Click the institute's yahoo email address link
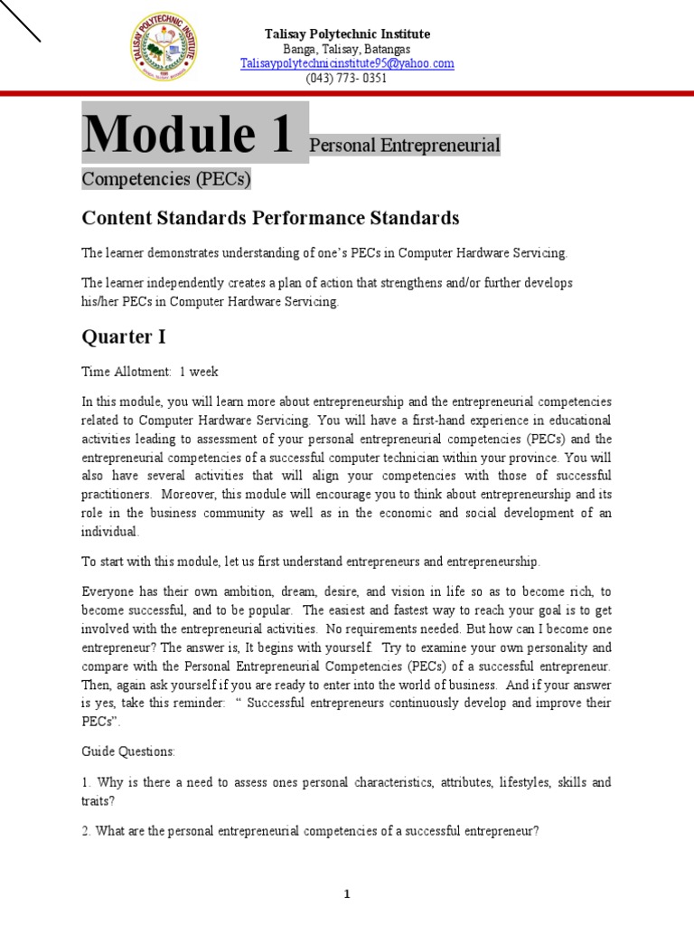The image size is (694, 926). (347, 63)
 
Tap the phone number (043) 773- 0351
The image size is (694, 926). (347, 78)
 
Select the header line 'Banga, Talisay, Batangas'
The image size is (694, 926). (347, 49)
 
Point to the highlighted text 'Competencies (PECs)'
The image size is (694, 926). (166, 178)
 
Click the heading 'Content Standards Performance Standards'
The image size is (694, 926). (270, 218)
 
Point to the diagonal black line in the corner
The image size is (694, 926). (20, 20)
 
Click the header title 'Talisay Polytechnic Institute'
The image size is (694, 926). (347, 33)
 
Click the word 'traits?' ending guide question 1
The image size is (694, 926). (98, 800)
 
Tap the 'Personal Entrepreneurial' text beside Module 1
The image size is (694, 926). (405, 146)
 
